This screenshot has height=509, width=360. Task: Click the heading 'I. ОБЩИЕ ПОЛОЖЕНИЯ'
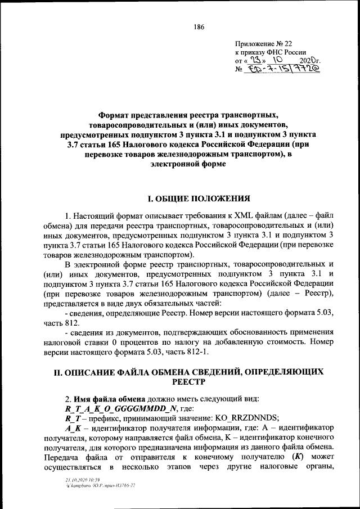point(196,199)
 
